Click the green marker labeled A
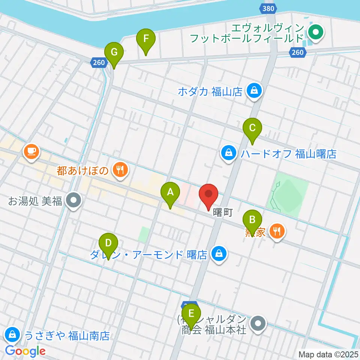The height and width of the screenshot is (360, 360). tap(170, 193)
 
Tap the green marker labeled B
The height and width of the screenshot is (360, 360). tap(253, 220)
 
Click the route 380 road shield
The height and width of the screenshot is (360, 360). tap(268, 8)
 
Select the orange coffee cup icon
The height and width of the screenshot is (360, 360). tap(31, 151)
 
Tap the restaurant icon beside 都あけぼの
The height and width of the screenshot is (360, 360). tap(120, 171)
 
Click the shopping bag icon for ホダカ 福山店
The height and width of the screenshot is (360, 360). tap(254, 91)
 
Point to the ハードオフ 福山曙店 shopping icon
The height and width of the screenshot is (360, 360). tap(228, 153)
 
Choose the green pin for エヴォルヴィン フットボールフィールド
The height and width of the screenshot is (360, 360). tap(316, 33)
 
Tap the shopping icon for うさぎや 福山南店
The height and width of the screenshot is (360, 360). tap(12, 333)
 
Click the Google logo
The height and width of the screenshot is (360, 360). tap(25, 351)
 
